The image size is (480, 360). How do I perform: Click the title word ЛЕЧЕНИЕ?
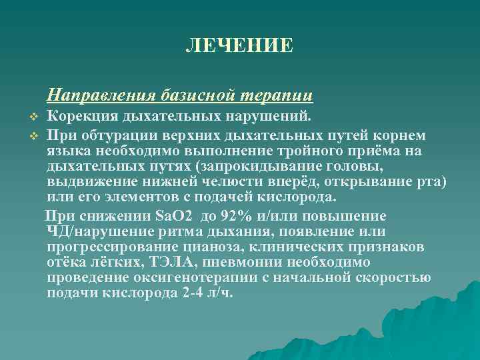coord(239,45)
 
